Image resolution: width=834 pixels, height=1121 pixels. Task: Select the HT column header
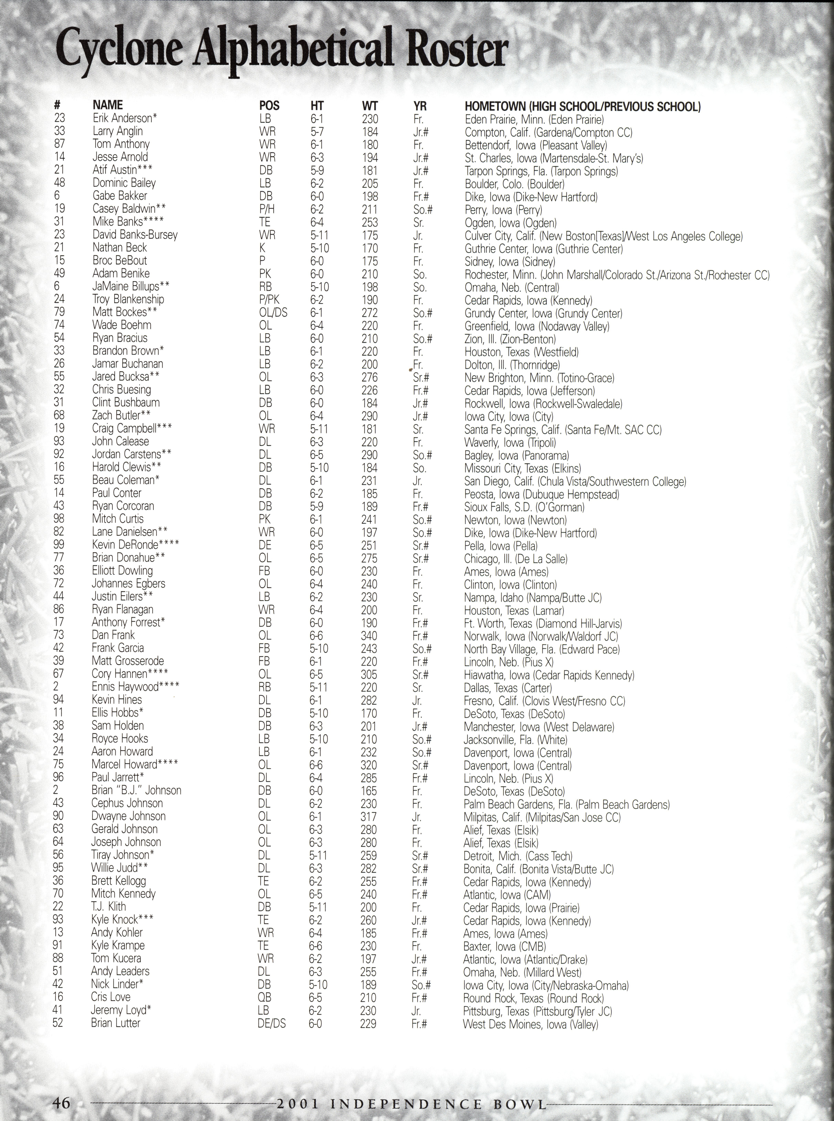(317, 106)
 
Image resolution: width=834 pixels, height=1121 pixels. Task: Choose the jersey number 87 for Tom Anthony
(60, 144)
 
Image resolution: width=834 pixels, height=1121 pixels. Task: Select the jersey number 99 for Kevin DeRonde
(59, 545)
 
